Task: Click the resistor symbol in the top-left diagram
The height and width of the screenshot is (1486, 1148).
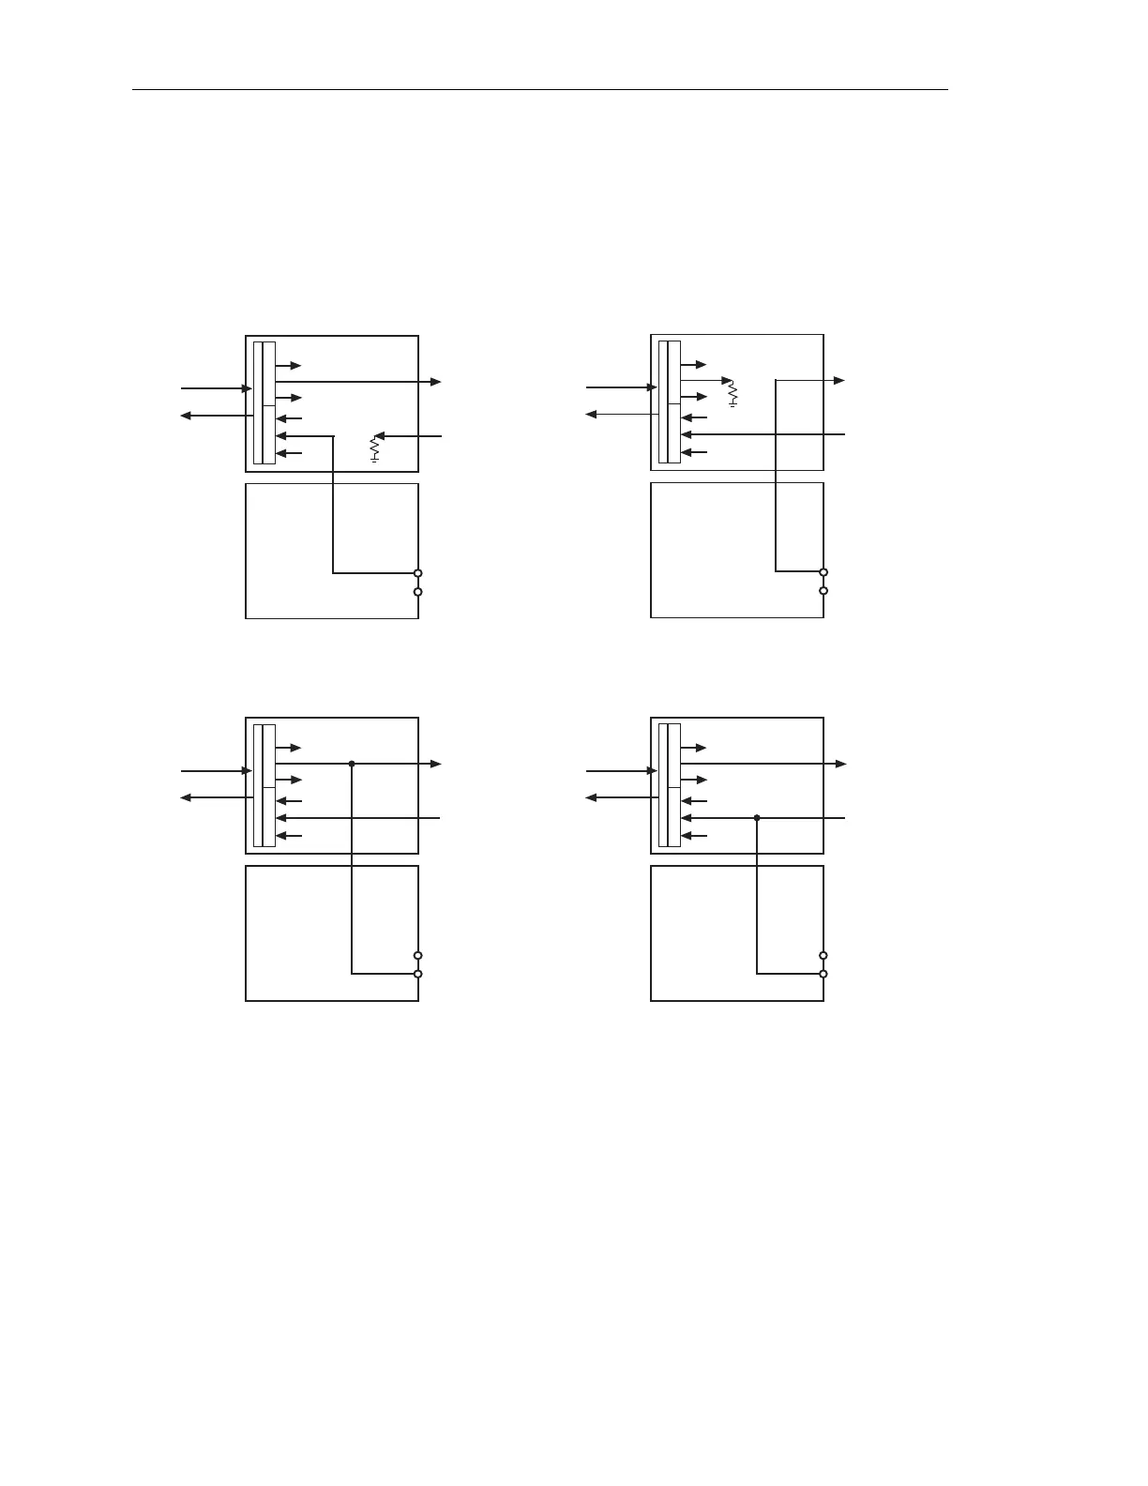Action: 374,449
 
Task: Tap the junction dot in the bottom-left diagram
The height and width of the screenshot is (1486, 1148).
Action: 352,764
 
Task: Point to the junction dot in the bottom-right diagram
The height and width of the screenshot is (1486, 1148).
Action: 757,818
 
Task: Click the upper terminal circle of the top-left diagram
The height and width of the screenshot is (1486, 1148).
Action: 418,573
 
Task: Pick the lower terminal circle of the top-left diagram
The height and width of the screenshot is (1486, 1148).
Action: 418,592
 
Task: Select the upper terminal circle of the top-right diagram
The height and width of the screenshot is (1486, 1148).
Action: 823,572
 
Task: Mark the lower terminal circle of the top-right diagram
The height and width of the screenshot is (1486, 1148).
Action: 823,591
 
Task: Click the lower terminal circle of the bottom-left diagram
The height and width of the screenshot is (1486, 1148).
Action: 418,974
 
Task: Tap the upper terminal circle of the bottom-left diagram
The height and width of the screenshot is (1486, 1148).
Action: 418,956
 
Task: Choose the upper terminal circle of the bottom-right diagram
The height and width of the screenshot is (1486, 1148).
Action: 823,956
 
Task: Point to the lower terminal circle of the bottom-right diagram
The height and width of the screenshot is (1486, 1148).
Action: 823,974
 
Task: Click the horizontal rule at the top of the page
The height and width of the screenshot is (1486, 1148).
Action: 540,91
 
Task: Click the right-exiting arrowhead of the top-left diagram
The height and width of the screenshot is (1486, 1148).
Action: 436,382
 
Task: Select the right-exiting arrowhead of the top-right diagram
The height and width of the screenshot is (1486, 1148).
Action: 840,380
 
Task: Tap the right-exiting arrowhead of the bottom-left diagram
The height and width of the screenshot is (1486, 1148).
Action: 436,764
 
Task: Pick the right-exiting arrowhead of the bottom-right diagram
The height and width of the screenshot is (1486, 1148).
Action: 841,764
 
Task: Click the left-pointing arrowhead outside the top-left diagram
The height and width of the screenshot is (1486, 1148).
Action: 186,416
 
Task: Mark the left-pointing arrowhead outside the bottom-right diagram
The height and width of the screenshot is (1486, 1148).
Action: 591,797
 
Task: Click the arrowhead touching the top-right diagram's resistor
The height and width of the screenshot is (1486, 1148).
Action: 726,381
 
